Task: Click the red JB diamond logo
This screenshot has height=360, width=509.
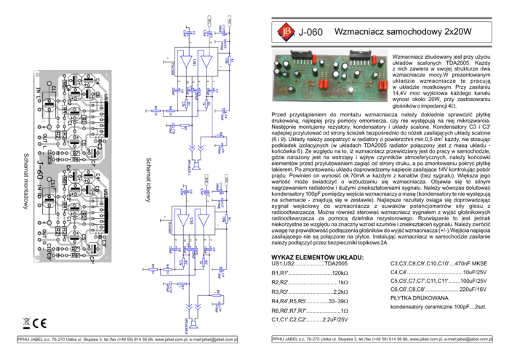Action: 286,31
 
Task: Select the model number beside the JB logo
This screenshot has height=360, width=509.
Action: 310,32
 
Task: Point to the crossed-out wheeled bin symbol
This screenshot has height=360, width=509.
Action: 27,324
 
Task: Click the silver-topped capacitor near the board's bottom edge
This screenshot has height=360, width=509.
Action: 350,90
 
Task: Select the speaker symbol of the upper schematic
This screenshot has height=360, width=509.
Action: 196,167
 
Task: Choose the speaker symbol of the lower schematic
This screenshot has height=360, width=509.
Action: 194,324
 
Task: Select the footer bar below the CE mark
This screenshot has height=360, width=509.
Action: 127,340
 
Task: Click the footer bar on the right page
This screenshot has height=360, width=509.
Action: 381,338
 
